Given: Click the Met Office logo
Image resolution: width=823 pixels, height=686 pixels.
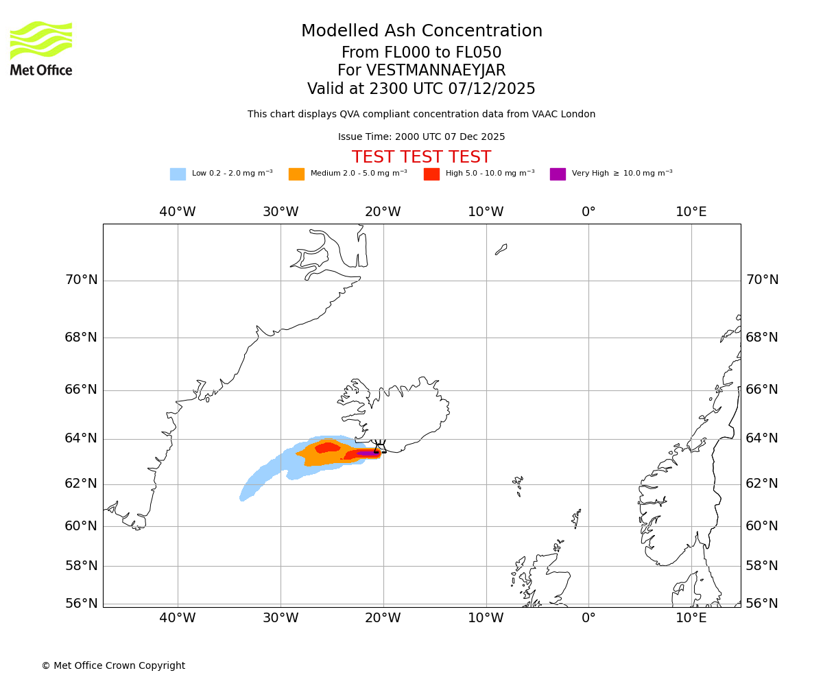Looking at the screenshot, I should tap(41, 48).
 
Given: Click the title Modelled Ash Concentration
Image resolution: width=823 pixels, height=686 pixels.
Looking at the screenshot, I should tap(422, 32).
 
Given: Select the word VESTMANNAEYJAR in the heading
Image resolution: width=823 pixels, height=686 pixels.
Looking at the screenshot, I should tap(436, 71).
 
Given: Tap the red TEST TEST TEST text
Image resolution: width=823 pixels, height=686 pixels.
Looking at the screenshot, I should tap(421, 158).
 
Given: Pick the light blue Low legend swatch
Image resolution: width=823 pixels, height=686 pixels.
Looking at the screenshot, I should tap(178, 174).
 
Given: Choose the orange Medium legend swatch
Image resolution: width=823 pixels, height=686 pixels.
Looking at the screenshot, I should tap(296, 174).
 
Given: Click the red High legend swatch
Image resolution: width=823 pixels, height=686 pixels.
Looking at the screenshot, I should tap(431, 174).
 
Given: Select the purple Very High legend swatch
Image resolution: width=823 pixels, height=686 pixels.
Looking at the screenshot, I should tap(558, 174).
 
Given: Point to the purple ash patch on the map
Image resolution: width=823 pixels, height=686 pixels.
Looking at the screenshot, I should tap(367, 453).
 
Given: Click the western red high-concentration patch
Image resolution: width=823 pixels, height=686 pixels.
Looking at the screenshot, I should tap(327, 448).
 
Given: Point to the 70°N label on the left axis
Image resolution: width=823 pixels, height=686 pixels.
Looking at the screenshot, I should tap(81, 280).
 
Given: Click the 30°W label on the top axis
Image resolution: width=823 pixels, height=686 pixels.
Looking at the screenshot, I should tap(281, 212).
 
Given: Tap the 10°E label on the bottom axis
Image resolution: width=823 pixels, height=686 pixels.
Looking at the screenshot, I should tap(691, 618).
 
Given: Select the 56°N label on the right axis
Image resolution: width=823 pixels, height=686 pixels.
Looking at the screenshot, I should tap(762, 604).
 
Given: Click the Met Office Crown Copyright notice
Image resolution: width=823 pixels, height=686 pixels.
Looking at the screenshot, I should tap(113, 666).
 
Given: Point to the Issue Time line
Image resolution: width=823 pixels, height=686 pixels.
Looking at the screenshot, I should tap(421, 137).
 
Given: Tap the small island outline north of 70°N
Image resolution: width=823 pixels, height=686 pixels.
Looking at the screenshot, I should tap(501, 250).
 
